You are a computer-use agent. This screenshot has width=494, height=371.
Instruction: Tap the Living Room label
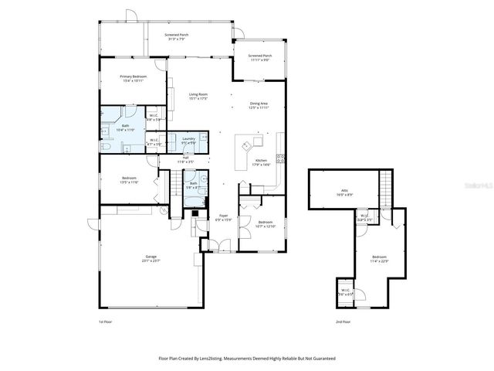198,97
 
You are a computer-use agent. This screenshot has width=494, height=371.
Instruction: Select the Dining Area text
259,105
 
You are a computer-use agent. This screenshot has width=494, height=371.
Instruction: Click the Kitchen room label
262,162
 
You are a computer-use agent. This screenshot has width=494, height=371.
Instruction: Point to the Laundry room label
188,141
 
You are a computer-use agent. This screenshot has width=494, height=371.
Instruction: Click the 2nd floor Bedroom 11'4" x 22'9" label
378,258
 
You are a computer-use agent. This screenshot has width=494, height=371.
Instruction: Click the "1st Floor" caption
106,322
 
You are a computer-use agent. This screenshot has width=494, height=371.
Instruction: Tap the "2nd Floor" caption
343,322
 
